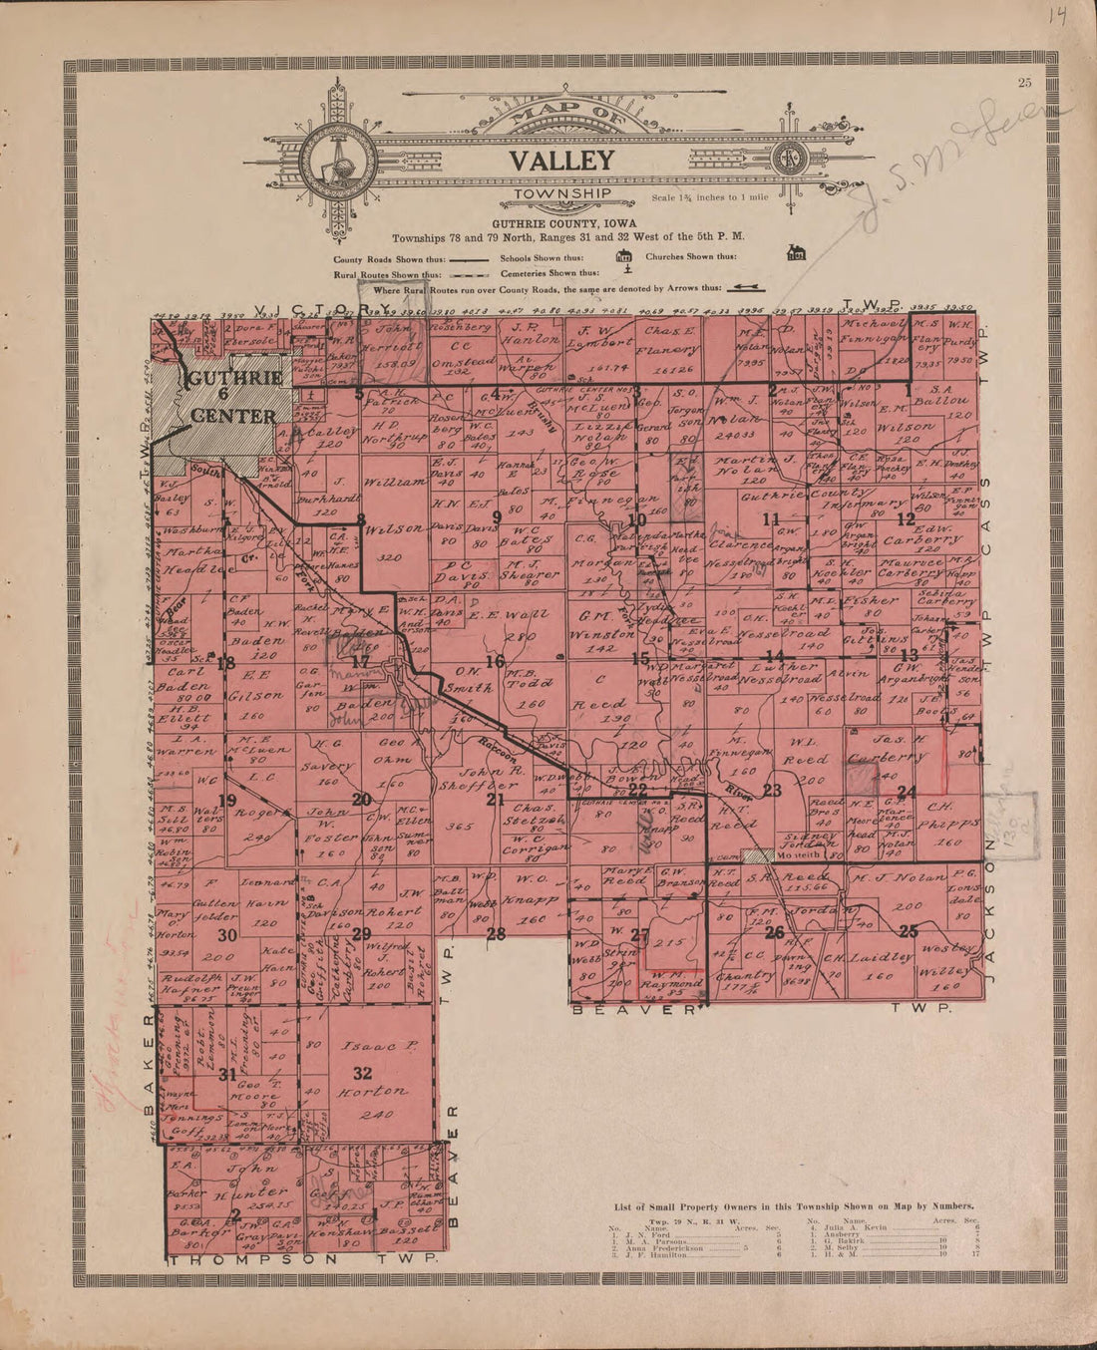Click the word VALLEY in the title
tap(561, 160)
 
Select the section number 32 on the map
tap(362, 1073)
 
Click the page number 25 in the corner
tap(1024, 83)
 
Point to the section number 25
tap(908, 931)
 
